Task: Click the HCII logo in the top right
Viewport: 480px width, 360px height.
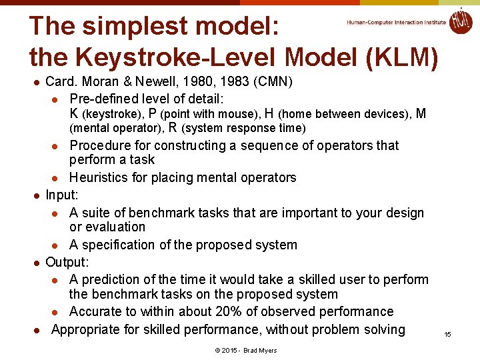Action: click(x=460, y=21)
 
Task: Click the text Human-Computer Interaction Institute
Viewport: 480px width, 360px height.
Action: click(x=396, y=22)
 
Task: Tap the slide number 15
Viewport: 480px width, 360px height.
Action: click(x=448, y=334)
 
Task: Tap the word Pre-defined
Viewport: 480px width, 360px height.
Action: click(x=104, y=98)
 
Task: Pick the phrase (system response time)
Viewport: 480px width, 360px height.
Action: click(x=243, y=128)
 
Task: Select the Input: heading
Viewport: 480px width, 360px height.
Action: click(x=61, y=195)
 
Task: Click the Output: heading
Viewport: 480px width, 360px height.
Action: click(x=67, y=262)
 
